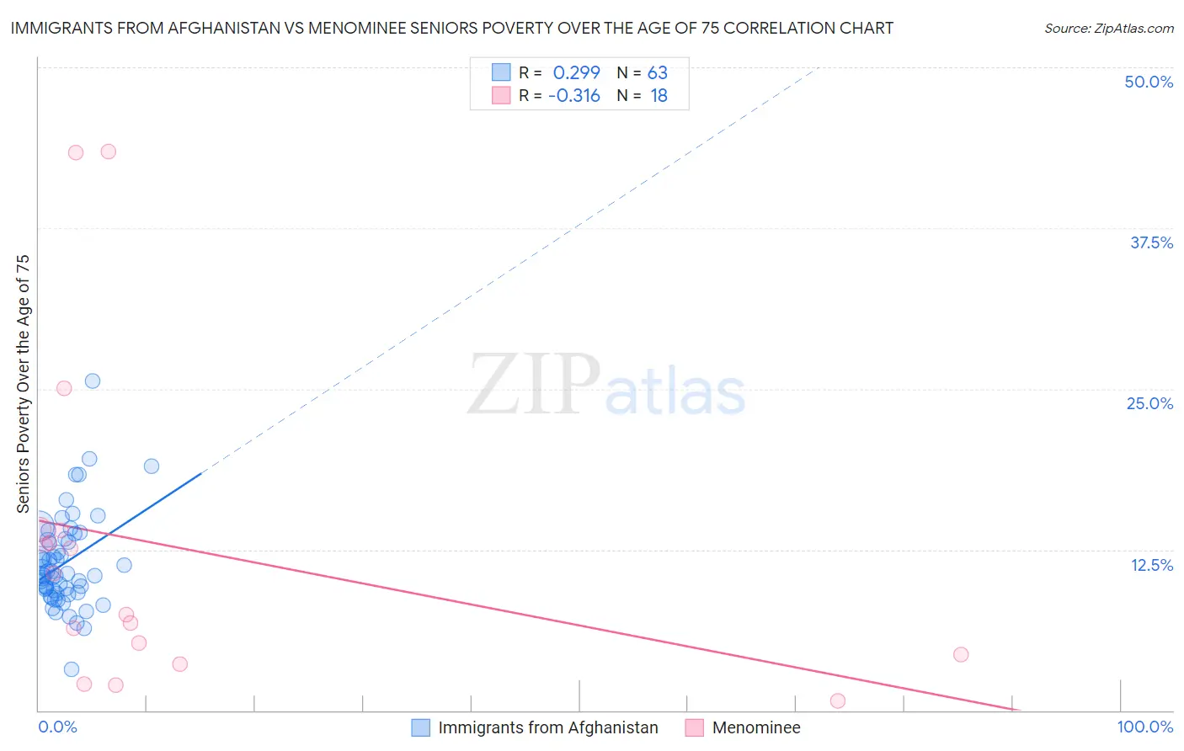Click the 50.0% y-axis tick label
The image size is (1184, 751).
pos(1149,82)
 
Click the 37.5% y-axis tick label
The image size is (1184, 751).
pos(1151,242)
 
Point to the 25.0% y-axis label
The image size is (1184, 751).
pos(1149,403)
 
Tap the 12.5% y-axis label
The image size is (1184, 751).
pos(1151,565)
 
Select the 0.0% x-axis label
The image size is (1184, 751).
pos(57,727)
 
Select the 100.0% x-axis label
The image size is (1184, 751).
pos(1144,727)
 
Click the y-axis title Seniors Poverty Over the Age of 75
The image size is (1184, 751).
pos(23,384)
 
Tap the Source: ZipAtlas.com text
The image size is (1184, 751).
pos(1108,28)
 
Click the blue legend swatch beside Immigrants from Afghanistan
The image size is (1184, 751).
pos(421,727)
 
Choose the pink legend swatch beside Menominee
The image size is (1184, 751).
pos(695,727)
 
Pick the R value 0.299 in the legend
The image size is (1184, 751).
pos(576,72)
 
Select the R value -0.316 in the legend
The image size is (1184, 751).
pos(573,96)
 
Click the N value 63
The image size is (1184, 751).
pos(657,72)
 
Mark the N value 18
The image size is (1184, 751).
pos(659,96)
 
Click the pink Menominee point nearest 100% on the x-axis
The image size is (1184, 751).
pos(961,654)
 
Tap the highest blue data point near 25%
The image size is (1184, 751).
pos(93,381)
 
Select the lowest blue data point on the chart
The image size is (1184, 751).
pos(72,669)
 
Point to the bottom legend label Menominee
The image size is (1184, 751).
pos(755,727)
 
